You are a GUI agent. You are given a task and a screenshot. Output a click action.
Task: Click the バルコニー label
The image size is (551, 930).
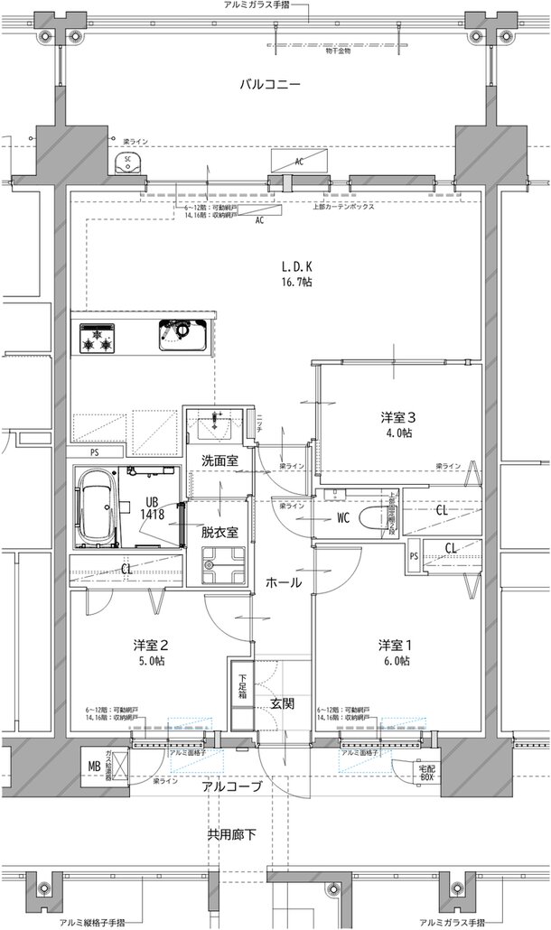(269, 84)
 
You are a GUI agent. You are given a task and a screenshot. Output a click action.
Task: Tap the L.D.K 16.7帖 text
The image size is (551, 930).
(296, 274)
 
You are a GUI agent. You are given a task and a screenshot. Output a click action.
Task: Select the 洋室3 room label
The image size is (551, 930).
(397, 424)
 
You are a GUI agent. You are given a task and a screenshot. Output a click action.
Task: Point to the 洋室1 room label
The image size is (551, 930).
(396, 653)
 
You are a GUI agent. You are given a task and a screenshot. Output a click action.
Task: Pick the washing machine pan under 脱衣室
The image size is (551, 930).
(218, 565)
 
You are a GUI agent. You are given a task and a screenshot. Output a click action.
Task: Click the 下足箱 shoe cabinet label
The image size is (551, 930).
(242, 687)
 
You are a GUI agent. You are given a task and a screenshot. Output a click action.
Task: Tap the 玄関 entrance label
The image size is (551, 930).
(281, 704)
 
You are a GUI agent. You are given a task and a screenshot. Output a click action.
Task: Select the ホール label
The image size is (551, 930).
(284, 583)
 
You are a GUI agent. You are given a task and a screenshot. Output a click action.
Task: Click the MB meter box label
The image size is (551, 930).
(93, 767)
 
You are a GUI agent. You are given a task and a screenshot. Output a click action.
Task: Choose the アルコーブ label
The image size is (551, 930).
(232, 786)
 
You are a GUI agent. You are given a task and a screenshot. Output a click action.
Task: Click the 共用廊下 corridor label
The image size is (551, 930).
(232, 834)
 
